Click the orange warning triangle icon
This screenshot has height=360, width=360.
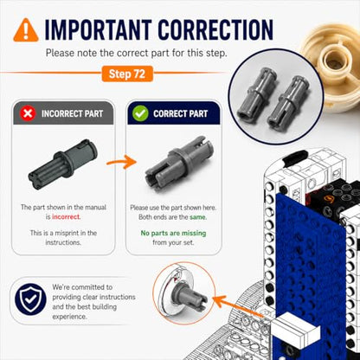[x=26, y=30]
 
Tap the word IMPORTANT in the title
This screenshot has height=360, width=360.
[x=98, y=29]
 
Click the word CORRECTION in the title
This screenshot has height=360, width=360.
[x=215, y=29]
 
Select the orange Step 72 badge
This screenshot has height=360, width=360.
[x=127, y=74]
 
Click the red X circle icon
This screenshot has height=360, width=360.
[x=28, y=113]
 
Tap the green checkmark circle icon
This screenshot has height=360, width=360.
[x=140, y=113]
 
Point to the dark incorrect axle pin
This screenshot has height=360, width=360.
[x=63, y=164]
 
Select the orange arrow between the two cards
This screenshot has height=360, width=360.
[x=121, y=162]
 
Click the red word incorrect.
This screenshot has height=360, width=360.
[x=67, y=217]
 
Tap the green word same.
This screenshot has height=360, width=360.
[x=198, y=217]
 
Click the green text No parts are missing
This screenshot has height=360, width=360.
[x=173, y=233]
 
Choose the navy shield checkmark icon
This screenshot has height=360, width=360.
[x=30, y=299]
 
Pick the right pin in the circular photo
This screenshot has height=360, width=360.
[x=289, y=101]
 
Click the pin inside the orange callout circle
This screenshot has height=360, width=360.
[x=191, y=296]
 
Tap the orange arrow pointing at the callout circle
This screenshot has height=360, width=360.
[x=240, y=307]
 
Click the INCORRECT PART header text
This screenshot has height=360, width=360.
[x=72, y=113]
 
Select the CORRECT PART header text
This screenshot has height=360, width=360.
[x=181, y=113]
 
